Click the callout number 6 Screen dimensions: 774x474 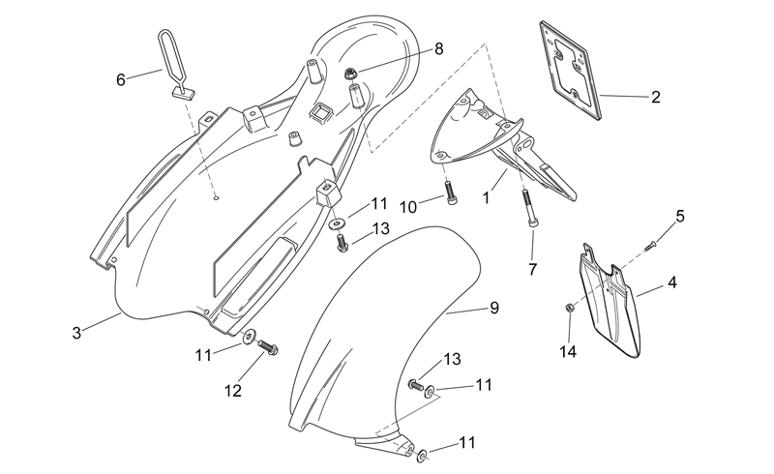point(121,79)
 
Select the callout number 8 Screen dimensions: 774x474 point(438,49)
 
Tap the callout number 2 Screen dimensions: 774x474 point(656,97)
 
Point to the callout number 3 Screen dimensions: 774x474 point(76,334)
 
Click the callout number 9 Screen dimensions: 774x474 point(494,308)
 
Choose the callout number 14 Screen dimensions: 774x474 point(568,352)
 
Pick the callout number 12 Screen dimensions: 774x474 point(233,391)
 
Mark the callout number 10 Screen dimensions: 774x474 point(408,207)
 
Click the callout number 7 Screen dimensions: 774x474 point(533,270)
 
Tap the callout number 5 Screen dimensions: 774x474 point(680,217)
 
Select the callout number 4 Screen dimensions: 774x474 point(671,282)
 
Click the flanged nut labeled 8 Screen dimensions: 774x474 point(350,74)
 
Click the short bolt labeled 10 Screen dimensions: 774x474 point(451,193)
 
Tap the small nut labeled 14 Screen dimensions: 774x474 point(569,308)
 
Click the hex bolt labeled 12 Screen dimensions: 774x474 point(268,347)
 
